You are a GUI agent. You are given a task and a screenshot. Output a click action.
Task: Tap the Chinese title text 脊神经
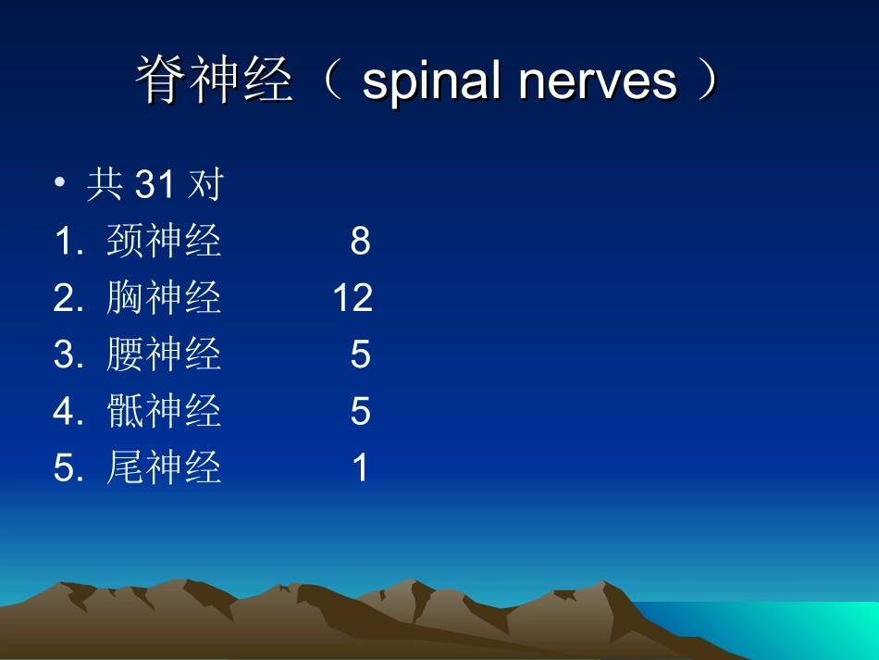tap(215, 81)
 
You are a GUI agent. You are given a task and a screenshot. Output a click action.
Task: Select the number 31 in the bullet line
tap(155, 185)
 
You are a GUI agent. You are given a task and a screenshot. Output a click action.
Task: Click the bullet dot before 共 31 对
tap(60, 184)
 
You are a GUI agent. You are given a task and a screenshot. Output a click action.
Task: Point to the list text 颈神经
tap(164, 242)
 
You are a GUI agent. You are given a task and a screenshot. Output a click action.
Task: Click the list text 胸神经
tap(164, 298)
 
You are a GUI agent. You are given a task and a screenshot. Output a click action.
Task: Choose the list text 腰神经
tap(164, 355)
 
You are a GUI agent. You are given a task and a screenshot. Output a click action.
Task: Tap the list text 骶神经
tap(164, 411)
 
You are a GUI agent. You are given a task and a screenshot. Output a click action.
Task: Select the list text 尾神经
tap(164, 467)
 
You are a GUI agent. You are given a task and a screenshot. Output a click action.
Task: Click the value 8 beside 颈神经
tap(360, 242)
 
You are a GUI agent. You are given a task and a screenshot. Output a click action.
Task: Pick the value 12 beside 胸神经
tap(353, 298)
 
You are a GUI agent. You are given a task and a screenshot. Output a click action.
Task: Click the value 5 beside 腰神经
tap(360, 355)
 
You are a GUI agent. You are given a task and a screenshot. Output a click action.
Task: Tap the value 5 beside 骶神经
tap(360, 411)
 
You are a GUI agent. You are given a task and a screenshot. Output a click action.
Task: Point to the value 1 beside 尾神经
tap(360, 467)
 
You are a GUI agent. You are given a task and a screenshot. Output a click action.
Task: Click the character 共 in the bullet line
tap(105, 185)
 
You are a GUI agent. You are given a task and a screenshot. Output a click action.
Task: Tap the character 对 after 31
tap(204, 185)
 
